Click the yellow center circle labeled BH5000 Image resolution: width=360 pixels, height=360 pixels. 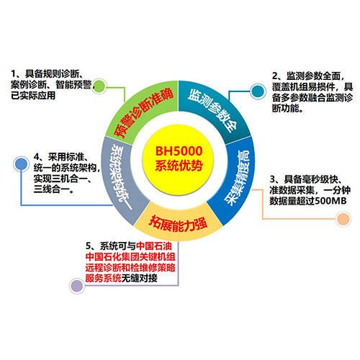(178, 160)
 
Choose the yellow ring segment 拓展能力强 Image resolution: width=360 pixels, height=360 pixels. (178, 223)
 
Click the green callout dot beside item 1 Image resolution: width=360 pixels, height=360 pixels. (99, 86)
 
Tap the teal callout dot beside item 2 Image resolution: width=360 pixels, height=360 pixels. (258, 91)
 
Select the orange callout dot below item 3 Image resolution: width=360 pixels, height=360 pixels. (343, 219)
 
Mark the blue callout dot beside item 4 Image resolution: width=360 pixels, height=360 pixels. (21, 164)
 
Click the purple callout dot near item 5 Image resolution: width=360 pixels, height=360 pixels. (77, 286)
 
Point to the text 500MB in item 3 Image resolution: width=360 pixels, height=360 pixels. (330, 201)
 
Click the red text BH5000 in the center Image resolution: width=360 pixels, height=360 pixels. (179, 151)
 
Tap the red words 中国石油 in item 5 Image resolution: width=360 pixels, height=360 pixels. (154, 246)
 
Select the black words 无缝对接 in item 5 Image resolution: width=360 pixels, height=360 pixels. (140, 279)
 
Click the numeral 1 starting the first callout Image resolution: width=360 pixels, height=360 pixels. (14, 73)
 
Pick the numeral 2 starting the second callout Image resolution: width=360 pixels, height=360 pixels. (275, 76)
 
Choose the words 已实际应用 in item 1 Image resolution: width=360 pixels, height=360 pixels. (33, 96)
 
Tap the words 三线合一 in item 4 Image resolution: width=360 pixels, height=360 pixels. (51, 189)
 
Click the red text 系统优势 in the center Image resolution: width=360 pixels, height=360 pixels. (179, 166)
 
